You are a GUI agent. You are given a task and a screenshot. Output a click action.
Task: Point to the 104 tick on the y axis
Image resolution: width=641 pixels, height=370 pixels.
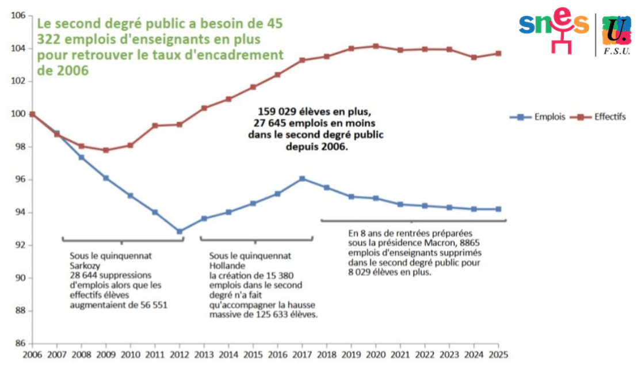[18, 48]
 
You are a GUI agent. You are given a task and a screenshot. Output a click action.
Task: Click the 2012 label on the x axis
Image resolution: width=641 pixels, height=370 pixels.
[180, 355]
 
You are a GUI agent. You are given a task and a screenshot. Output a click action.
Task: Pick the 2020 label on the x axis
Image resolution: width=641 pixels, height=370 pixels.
[376, 355]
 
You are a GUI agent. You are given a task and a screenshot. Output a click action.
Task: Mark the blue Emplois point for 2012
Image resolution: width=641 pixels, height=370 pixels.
[180, 231]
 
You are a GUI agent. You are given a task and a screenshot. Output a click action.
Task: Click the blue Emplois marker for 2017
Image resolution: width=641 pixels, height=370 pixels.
[303, 179]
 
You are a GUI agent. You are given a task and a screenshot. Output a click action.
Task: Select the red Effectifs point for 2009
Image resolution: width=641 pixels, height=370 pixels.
[106, 150]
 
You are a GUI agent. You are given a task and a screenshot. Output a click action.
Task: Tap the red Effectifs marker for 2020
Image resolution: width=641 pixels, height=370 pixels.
[376, 46]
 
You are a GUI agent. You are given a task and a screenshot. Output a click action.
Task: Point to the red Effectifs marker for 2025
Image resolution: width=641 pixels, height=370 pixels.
[498, 54]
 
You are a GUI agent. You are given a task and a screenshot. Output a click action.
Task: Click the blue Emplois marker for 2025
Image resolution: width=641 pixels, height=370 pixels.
[498, 209]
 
